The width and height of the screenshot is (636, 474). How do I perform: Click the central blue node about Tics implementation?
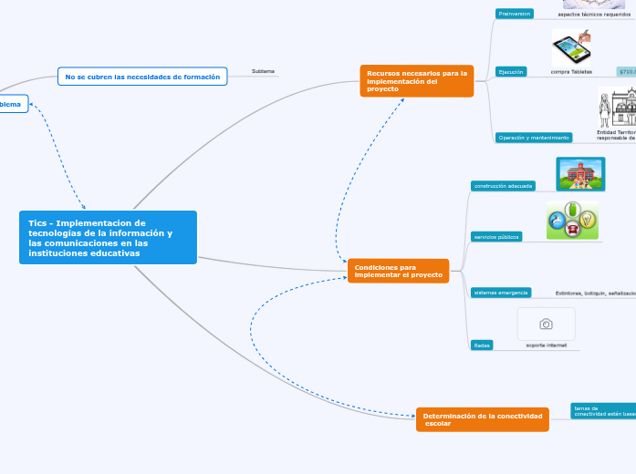(108, 237)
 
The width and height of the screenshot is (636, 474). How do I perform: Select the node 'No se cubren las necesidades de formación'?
(142, 77)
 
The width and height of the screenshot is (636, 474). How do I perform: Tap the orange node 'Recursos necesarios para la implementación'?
(417, 80)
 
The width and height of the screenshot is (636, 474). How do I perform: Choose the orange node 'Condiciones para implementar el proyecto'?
(398, 271)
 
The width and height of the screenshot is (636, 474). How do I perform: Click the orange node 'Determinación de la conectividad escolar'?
(483, 419)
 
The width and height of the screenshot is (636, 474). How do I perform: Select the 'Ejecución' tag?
(510, 71)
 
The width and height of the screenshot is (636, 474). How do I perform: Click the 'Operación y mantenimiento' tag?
(534, 138)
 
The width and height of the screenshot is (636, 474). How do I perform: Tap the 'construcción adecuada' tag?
(502, 186)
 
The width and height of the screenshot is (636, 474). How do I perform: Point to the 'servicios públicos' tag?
(496, 237)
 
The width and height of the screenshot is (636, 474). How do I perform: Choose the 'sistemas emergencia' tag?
(500, 293)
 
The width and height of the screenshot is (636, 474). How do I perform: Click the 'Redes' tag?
(481, 345)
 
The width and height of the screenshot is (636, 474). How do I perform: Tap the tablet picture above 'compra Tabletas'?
(571, 47)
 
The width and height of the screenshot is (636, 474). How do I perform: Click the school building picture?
(580, 173)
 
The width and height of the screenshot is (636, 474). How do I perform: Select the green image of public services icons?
(572, 221)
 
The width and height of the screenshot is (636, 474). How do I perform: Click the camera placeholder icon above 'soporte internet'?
(546, 324)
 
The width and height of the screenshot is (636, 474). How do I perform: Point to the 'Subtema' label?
(263, 71)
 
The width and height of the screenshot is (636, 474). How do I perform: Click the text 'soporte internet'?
(546, 345)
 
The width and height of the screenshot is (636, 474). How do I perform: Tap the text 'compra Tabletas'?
(571, 71)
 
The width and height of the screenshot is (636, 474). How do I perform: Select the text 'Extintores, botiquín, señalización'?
(595, 294)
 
